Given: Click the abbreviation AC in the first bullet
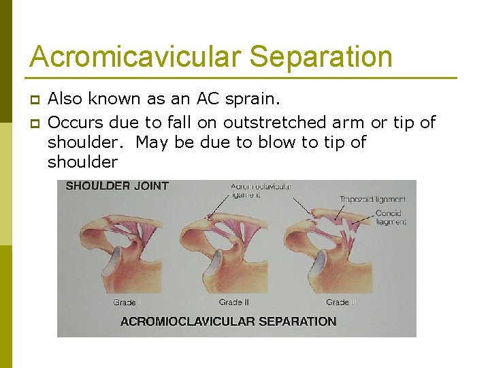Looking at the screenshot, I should pyautogui.click(x=207, y=99).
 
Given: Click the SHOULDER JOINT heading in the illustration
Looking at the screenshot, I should pyautogui.click(x=117, y=185).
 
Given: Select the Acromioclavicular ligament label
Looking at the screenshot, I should pyautogui.click(x=261, y=190).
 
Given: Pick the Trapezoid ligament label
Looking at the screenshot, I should pyautogui.click(x=372, y=199).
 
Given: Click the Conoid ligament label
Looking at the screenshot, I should pyautogui.click(x=391, y=217).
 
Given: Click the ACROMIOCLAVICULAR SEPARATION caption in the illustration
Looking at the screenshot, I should pyautogui.click(x=228, y=321).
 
